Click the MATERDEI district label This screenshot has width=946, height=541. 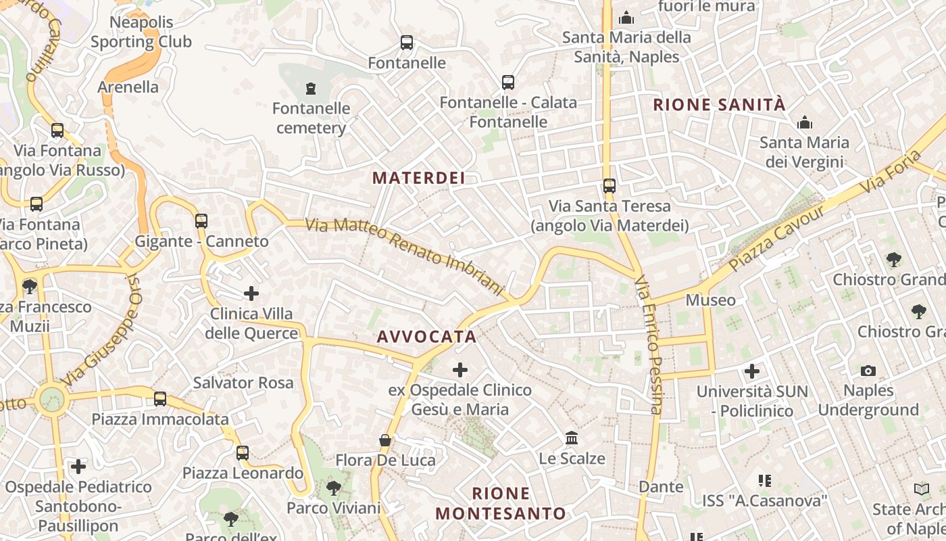(419, 178)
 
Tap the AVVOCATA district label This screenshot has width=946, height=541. (426, 336)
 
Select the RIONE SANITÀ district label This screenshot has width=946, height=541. (720, 105)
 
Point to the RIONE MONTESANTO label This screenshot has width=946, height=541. (501, 503)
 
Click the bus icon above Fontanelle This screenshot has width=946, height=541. (407, 43)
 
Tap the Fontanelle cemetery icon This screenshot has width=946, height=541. (311, 88)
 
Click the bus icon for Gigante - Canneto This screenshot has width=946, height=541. (201, 220)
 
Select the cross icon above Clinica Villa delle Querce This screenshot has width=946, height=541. (251, 293)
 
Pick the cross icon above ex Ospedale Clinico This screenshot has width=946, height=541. (460, 370)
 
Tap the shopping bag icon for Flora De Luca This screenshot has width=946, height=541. (385, 440)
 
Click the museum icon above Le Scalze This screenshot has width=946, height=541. (572, 438)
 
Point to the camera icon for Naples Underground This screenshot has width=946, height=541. (868, 371)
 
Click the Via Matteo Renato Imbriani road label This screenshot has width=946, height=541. (405, 256)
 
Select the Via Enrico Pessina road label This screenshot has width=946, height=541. (649, 344)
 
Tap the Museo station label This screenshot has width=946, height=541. (711, 300)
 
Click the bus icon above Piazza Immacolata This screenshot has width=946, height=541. (160, 399)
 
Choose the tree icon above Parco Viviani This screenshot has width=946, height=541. (333, 488)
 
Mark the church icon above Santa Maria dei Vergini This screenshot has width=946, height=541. (805, 123)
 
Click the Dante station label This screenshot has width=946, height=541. (661, 486)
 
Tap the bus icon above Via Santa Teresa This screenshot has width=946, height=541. (609, 185)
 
